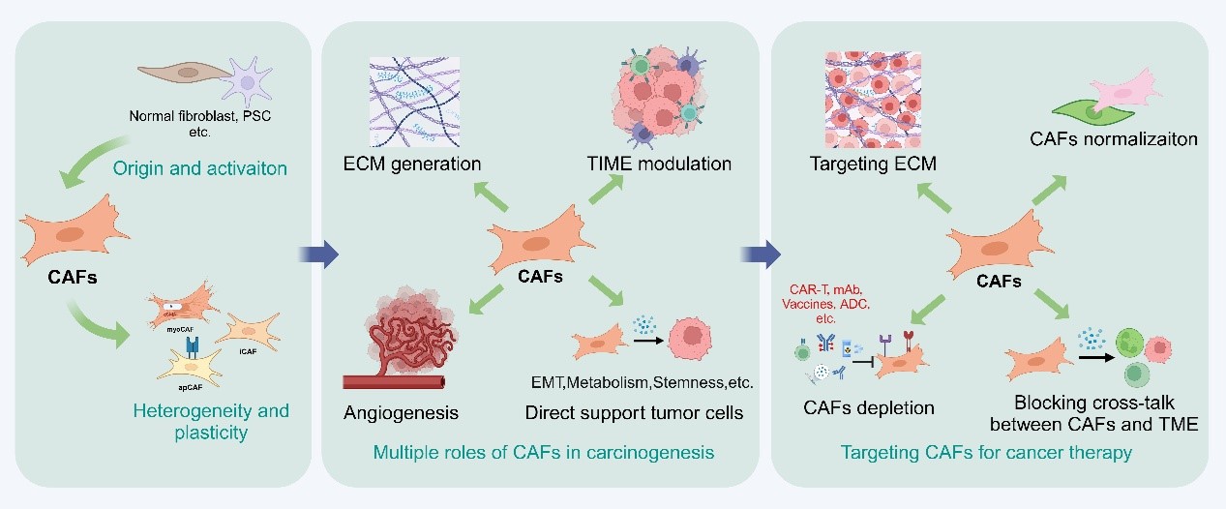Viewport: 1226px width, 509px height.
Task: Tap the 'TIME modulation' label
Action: [x=658, y=164]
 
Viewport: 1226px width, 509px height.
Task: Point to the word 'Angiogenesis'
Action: [x=401, y=413]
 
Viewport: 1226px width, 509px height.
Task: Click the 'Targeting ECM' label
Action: [x=873, y=164]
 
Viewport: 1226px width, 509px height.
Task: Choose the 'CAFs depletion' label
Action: [x=869, y=407]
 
